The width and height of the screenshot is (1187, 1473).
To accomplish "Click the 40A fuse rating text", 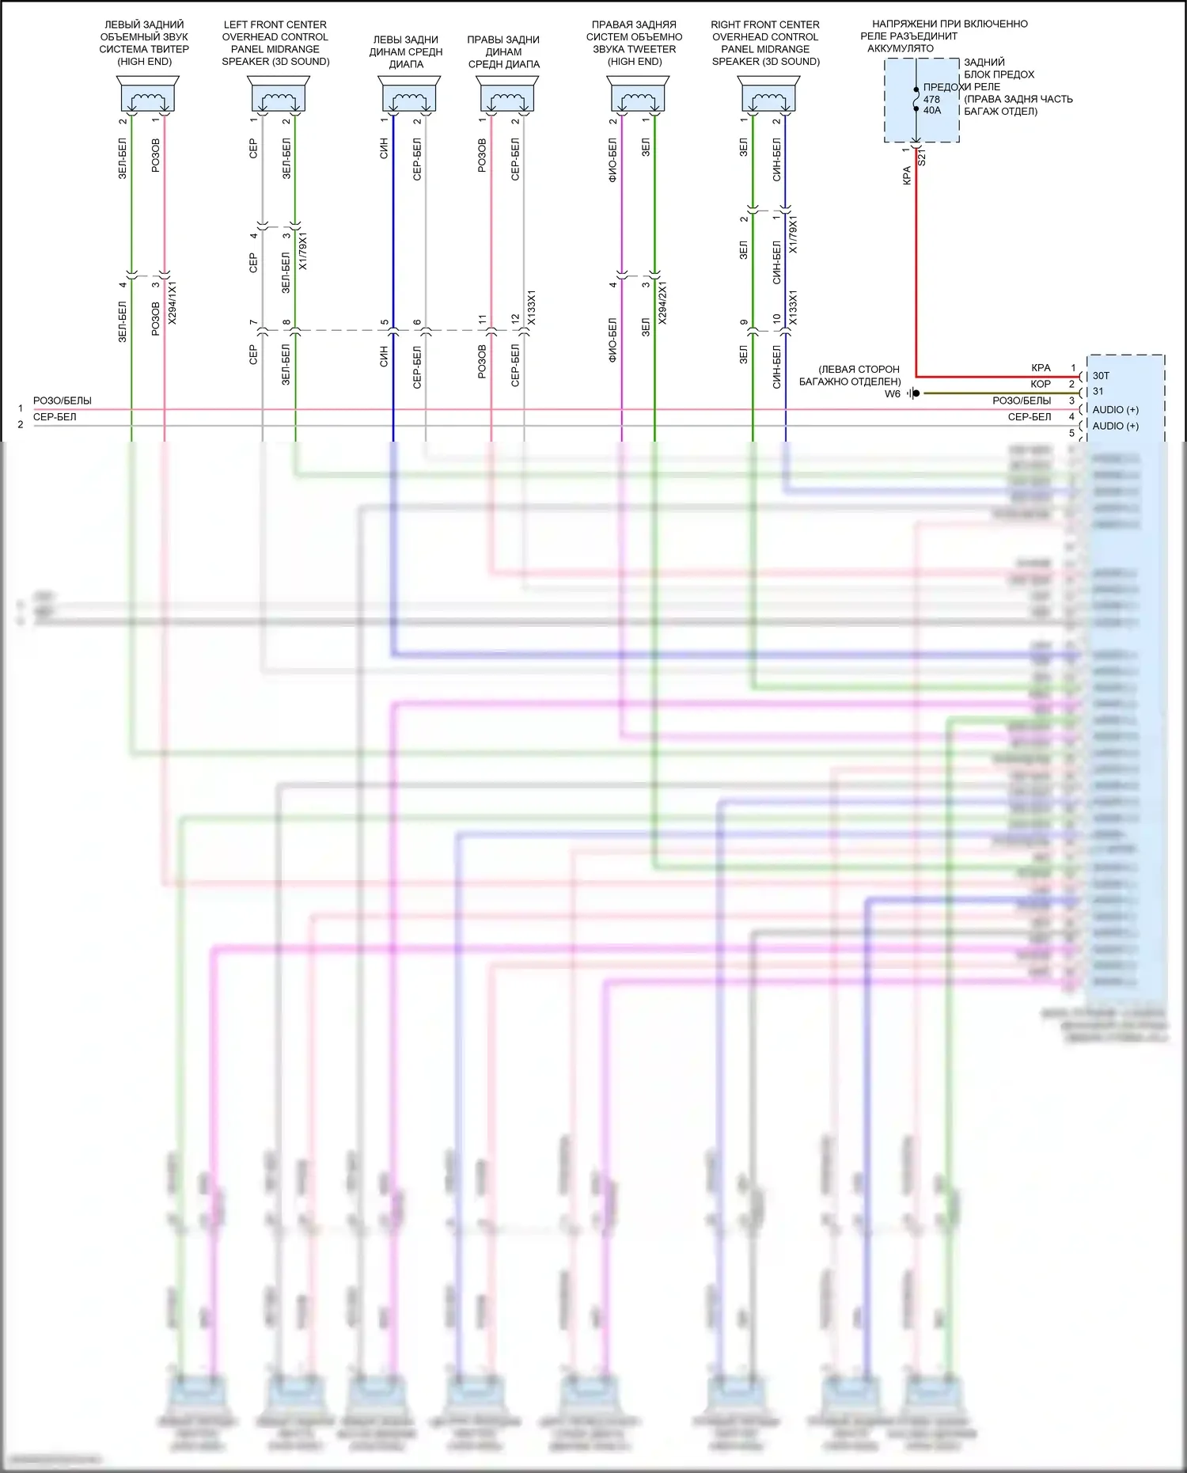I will point(932,111).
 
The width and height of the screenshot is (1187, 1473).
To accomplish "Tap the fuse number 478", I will point(931,100).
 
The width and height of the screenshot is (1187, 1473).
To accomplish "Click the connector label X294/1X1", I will point(173,302).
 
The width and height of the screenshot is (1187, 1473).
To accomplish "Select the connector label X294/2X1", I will point(663,302).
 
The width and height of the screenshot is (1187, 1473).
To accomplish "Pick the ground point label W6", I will point(893,394).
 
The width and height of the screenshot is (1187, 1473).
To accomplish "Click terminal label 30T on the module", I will point(1101,376).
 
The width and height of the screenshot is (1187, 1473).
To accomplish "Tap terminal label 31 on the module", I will point(1098,392).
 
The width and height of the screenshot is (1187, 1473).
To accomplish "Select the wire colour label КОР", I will point(1041,385).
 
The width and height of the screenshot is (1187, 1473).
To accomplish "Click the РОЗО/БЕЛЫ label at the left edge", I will point(63,401).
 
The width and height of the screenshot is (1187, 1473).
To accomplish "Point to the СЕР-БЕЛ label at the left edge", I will point(55,417).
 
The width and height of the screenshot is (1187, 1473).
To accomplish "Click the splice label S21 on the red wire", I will point(922,158).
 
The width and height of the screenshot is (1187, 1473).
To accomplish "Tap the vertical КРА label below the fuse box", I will point(907,176).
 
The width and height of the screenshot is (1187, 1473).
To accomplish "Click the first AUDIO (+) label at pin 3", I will point(1115,410).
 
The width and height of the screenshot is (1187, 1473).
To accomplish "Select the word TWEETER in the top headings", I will point(650,49).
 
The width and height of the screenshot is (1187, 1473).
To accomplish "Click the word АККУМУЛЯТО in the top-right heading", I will point(901,48).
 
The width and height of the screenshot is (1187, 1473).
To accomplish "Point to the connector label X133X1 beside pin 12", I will point(532,307).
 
